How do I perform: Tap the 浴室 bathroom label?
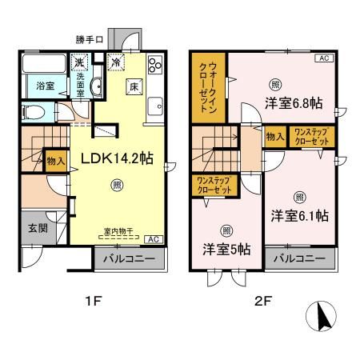[x=34, y=86]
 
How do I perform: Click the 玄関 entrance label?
[x=29, y=228]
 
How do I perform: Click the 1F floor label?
[x=93, y=302]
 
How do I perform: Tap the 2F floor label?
[x=264, y=302]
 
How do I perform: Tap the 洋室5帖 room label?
[x=226, y=249]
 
